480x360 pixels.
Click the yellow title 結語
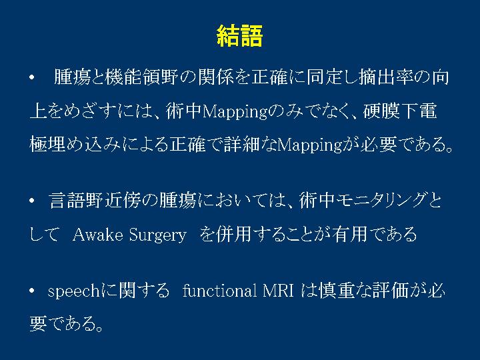(x=239, y=36)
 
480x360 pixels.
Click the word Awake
(x=97, y=235)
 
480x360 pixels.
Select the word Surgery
(x=157, y=235)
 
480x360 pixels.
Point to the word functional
(x=219, y=290)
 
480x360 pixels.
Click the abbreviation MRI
(x=278, y=291)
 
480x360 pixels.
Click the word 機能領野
(x=141, y=77)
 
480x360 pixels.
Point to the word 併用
(x=234, y=235)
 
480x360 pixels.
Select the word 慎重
(x=336, y=290)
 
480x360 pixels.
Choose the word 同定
(x=324, y=77)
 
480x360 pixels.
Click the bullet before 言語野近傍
(x=32, y=201)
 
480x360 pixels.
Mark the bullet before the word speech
(x=32, y=291)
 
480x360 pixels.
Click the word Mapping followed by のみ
(x=235, y=112)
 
